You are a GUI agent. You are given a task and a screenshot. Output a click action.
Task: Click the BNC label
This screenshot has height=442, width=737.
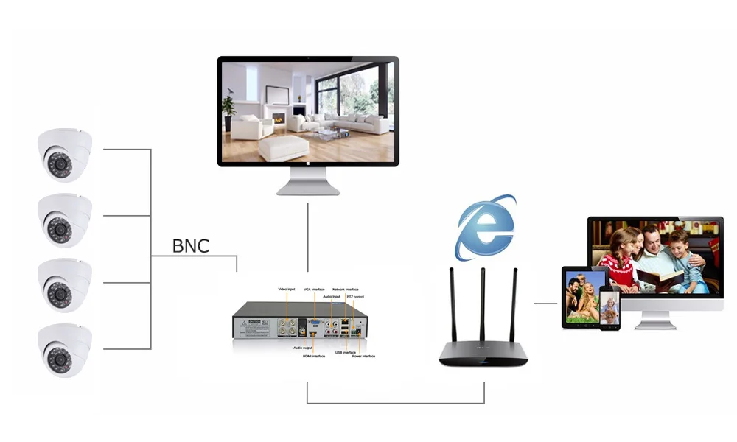190,245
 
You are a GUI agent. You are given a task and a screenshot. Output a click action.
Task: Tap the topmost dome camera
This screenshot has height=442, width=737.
65,155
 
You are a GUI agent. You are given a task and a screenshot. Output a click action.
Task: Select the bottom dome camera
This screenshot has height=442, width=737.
65,350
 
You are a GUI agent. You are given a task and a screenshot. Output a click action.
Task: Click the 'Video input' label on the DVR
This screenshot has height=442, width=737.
286,289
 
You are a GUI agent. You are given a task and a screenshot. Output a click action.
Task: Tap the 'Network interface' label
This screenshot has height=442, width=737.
345,289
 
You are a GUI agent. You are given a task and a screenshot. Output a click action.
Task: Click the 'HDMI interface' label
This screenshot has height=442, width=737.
313,356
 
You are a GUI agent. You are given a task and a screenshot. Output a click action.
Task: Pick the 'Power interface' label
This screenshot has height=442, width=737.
363,356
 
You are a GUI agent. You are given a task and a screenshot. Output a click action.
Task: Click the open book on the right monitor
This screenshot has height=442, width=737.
658,278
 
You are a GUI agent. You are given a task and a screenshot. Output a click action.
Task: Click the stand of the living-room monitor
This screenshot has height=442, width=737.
308,181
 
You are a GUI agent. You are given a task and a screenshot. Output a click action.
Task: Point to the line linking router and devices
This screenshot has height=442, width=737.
545,303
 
